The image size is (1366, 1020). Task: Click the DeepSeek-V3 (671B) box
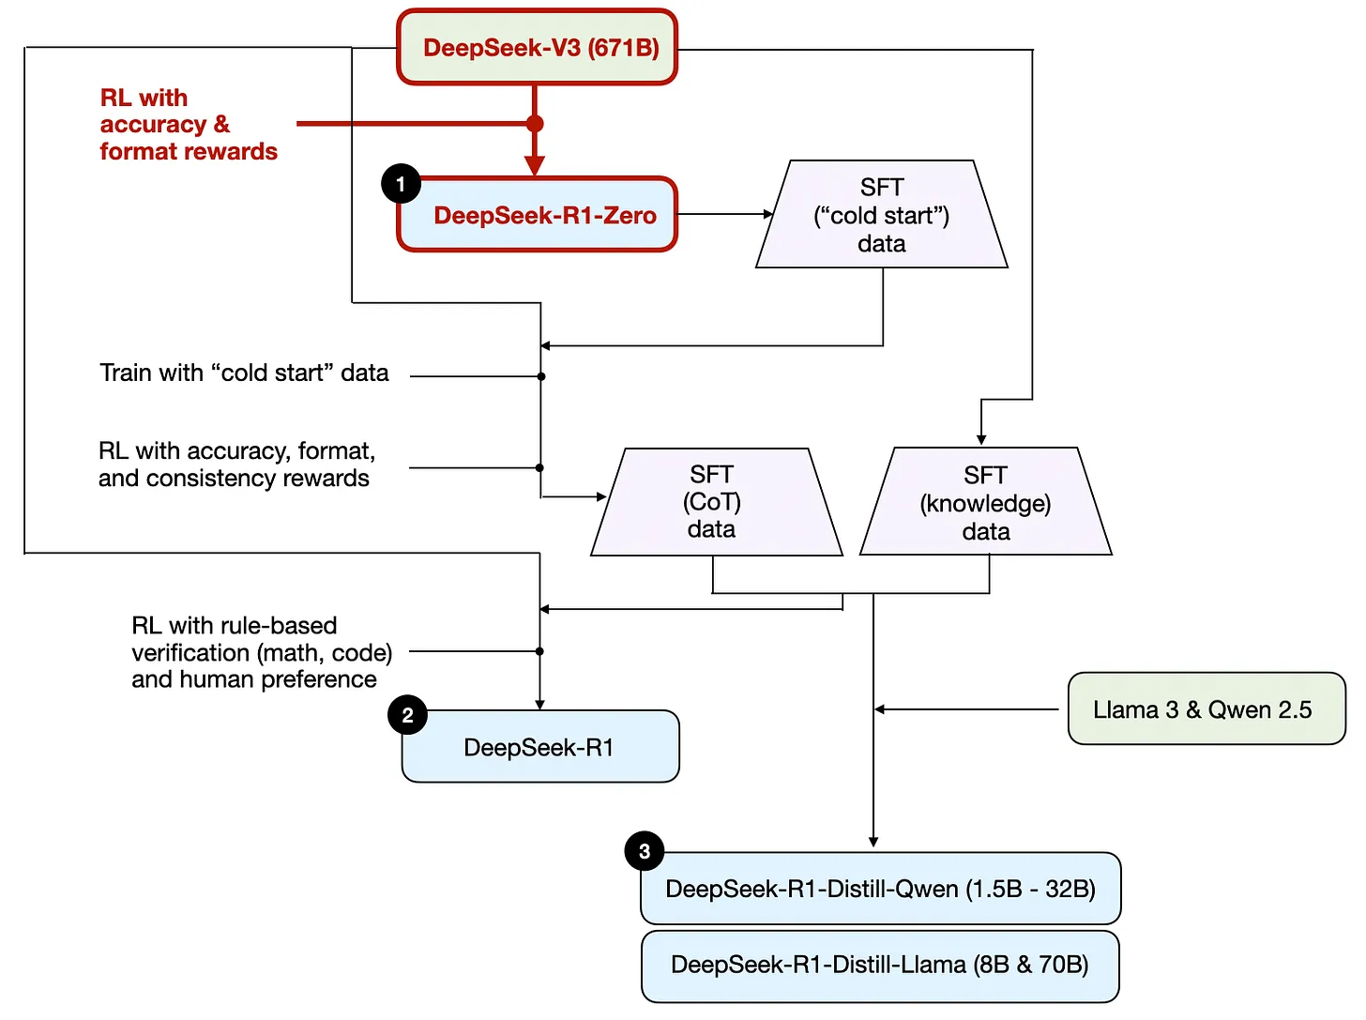coord(537,48)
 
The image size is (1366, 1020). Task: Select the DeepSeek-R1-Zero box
coord(544,215)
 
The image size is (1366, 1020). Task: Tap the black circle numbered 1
coord(401,184)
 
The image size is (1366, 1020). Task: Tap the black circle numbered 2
coord(407,715)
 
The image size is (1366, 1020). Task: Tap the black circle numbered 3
coord(644,851)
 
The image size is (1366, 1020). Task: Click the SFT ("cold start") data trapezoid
coord(881,216)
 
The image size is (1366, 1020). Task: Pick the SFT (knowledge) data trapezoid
coord(985,503)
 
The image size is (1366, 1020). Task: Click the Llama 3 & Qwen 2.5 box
coord(1206,709)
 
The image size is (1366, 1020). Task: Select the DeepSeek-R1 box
coord(539,748)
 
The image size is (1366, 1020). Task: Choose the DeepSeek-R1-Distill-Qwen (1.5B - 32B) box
coord(880,889)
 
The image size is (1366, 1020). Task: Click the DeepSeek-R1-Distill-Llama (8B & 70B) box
coord(880,966)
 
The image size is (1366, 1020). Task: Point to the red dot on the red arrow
coord(535,124)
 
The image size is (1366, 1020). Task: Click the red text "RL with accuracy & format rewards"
coord(188,125)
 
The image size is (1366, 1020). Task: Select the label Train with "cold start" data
coord(244,373)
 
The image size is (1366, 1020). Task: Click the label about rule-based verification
coord(261,652)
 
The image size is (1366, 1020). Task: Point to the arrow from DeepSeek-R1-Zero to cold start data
coord(722,215)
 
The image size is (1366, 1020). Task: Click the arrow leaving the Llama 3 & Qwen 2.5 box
coord(966,709)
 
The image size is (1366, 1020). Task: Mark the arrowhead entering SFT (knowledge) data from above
coord(981,438)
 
